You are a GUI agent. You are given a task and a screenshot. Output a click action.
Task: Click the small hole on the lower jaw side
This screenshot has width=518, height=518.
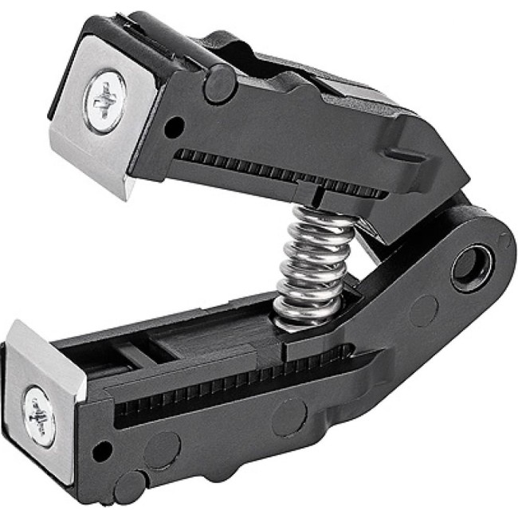pos(99,455)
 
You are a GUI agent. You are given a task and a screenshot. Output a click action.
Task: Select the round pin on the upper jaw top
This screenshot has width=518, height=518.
pos(219,83)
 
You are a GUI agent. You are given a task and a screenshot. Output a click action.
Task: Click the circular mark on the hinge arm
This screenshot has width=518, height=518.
pos(422,310)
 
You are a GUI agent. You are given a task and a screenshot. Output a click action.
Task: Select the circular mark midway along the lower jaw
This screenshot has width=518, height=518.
pos(286,414)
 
